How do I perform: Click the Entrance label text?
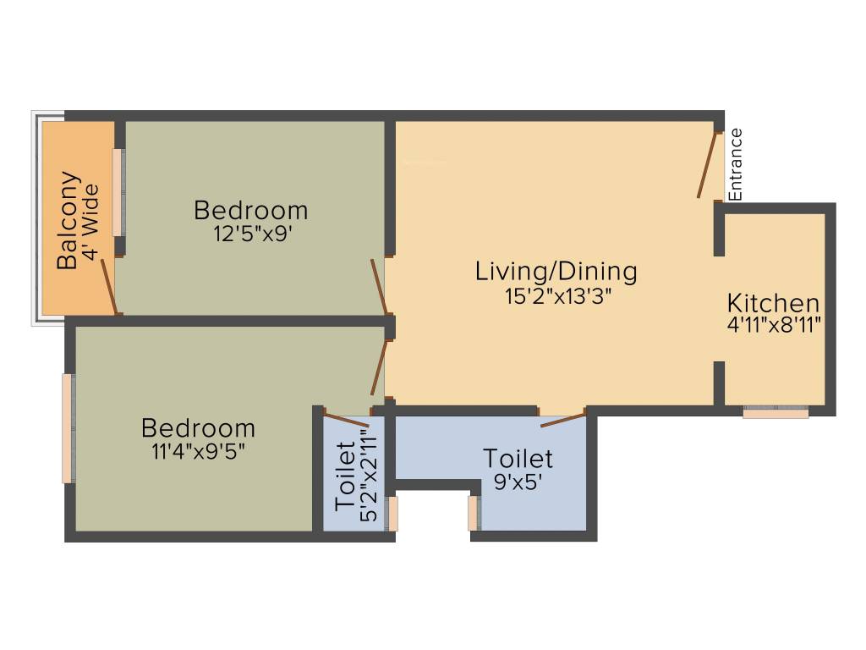tap(736, 164)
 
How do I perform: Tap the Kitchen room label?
tap(773, 303)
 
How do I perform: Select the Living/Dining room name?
tap(556, 272)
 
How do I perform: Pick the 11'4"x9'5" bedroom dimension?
tap(198, 451)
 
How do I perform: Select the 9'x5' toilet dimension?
tap(518, 482)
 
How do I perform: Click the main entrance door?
tap(707, 165)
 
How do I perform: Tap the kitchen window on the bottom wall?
tap(776, 413)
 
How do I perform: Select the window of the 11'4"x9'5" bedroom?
tap(68, 428)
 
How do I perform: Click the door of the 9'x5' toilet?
tap(562, 419)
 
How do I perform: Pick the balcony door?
tap(109, 287)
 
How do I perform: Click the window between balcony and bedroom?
tap(119, 193)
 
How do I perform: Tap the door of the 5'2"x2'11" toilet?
tap(347, 420)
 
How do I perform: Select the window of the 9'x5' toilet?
tap(474, 513)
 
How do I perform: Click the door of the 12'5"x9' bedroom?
tap(379, 286)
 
